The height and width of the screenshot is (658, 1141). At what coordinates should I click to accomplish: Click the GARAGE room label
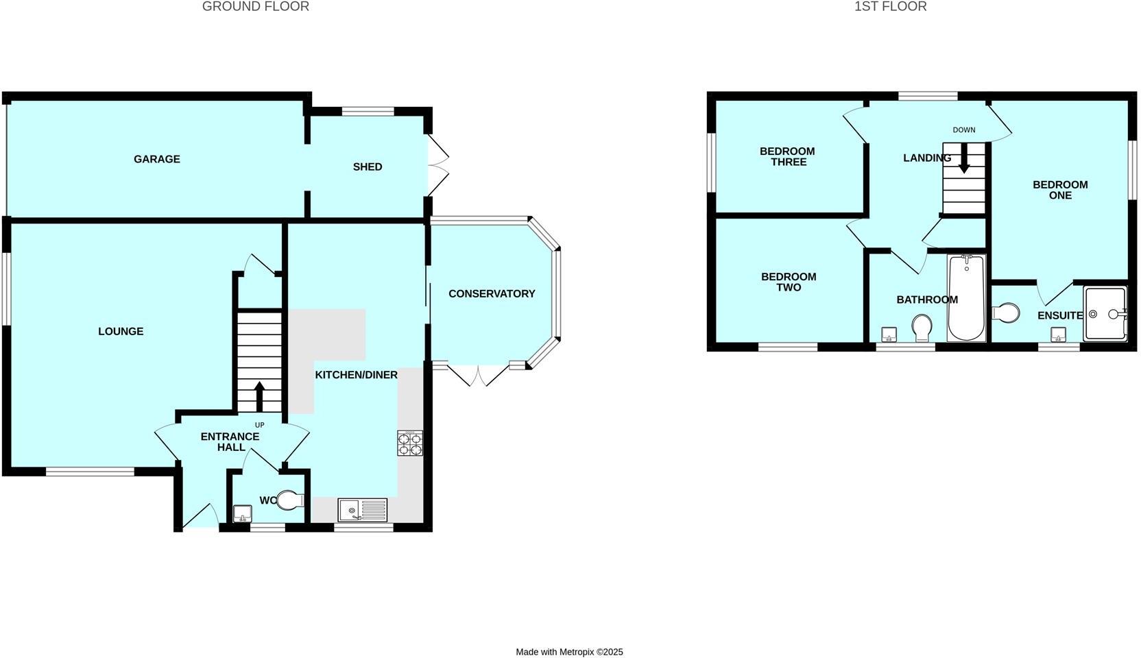(157, 159)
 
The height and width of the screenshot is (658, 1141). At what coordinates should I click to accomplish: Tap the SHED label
(368, 167)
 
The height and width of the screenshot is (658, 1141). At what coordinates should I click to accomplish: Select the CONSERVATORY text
(492, 293)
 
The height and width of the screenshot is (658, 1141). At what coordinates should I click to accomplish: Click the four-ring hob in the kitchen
(410, 443)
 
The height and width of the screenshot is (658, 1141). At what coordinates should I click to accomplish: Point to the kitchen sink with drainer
(363, 510)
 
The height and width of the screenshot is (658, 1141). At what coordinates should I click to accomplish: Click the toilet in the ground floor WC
(291, 500)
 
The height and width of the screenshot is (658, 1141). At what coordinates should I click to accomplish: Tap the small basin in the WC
(242, 513)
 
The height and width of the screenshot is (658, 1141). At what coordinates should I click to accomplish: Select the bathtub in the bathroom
(966, 297)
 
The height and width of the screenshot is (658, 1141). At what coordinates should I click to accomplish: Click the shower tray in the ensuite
(1105, 314)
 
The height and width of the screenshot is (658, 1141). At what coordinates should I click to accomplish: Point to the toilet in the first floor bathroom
(922, 327)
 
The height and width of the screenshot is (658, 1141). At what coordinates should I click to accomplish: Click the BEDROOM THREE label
(787, 156)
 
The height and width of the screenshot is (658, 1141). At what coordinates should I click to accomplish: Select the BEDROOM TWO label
(789, 282)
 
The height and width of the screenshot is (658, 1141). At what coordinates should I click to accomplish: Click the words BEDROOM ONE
(1060, 190)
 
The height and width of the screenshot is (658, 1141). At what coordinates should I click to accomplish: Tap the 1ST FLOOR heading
(890, 7)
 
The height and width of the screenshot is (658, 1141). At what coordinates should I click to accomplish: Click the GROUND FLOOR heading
(255, 7)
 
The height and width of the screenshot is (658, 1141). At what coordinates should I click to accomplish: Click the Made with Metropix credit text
(569, 652)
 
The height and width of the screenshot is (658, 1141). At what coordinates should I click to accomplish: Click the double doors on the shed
(439, 167)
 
